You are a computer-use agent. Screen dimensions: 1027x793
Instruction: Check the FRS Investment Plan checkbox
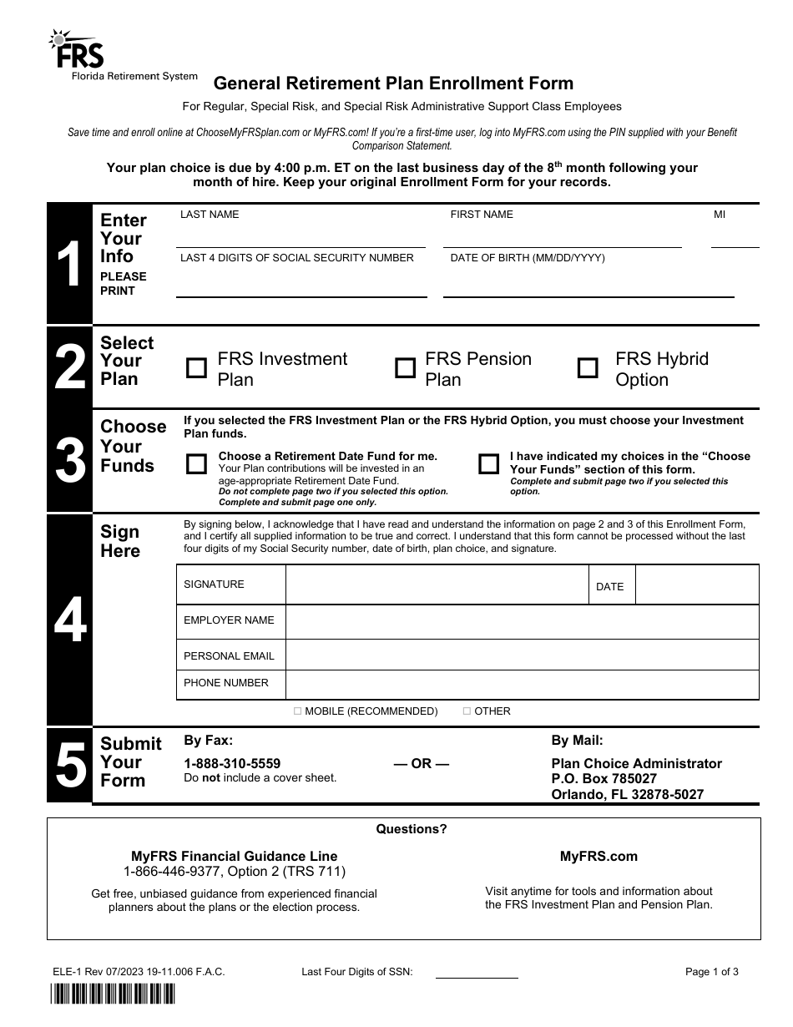(196, 368)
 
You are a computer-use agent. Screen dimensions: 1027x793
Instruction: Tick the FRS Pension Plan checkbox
(405, 368)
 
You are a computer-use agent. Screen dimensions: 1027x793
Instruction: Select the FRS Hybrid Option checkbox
(588, 368)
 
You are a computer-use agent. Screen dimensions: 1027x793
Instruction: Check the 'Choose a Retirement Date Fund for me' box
(196, 464)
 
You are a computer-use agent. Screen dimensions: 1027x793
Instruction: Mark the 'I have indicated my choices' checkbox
(488, 464)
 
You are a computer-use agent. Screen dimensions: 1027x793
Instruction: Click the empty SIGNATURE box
(437, 584)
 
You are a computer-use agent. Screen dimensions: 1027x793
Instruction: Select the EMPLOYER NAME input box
(522, 621)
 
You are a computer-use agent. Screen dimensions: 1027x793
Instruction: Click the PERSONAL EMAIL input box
(522, 656)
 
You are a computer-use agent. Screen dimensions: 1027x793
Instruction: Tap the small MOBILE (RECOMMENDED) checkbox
(298, 711)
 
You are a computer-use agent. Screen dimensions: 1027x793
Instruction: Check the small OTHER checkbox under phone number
(467, 711)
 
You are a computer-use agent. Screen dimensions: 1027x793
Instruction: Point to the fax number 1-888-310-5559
(232, 763)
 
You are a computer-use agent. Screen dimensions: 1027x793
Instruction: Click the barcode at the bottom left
(111, 994)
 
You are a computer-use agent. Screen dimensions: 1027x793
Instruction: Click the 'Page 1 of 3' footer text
(711, 972)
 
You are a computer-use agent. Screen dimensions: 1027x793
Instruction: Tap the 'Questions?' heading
(412, 829)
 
